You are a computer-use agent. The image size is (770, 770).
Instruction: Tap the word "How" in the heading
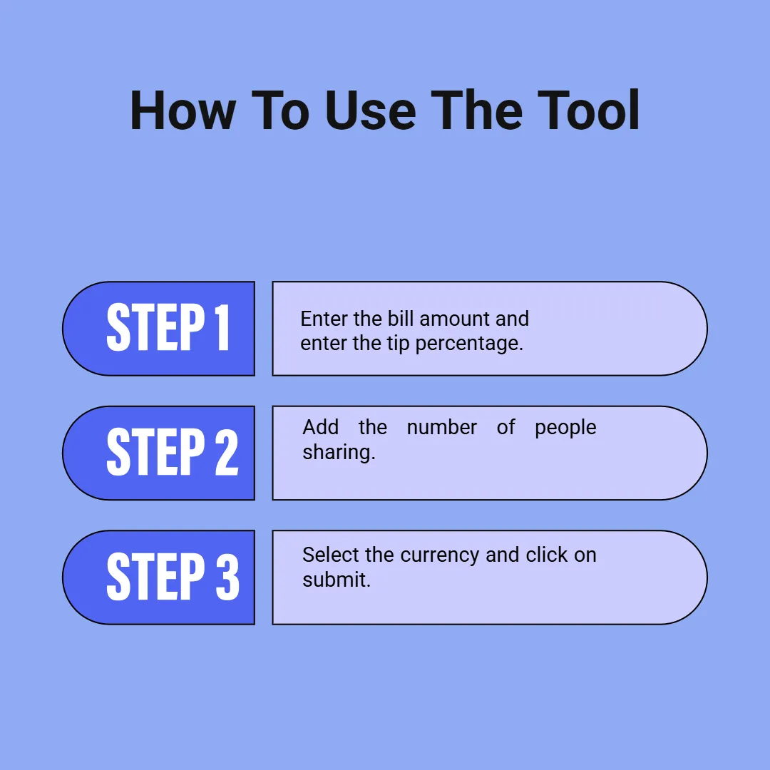(183, 111)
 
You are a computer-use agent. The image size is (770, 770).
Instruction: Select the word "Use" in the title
(371, 111)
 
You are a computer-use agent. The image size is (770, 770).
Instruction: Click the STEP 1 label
(168, 328)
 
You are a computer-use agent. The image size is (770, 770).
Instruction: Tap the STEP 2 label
(172, 453)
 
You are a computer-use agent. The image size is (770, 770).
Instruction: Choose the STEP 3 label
(172, 577)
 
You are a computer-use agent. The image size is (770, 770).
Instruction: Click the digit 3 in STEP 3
(227, 577)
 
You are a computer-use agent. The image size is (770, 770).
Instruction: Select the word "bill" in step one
(400, 318)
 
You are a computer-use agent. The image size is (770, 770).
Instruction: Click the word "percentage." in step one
(469, 344)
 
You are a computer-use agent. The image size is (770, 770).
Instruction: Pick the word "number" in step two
(441, 427)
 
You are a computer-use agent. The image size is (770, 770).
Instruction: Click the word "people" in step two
(565, 428)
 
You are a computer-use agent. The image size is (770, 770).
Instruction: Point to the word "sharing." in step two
(339, 453)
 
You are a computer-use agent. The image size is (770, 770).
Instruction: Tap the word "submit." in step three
(337, 579)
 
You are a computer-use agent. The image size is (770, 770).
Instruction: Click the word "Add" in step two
(320, 427)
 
